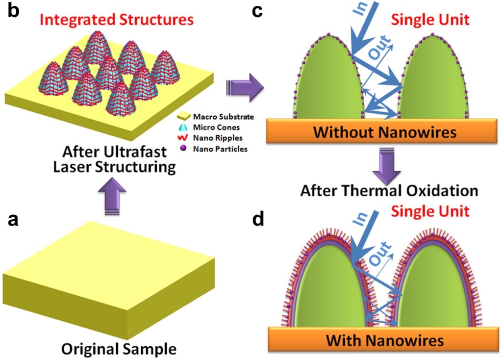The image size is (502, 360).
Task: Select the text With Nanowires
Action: [385, 340]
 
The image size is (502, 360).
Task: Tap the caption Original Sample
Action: [119, 349]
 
